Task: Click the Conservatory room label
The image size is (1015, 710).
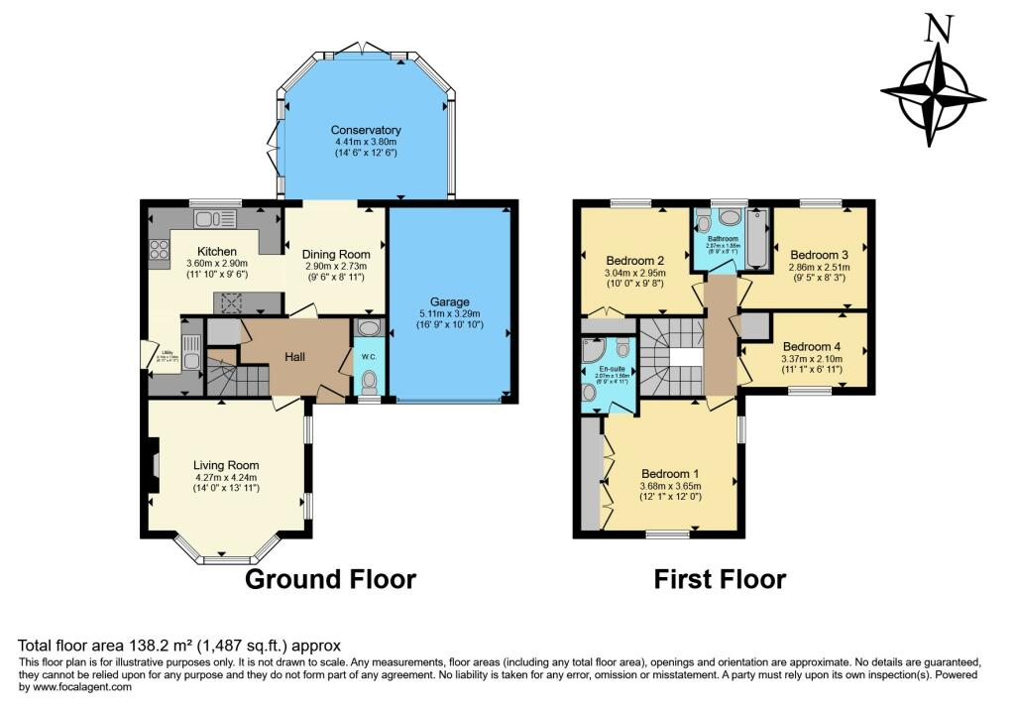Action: pyautogui.click(x=366, y=130)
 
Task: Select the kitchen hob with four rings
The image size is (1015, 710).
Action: pyautogui.click(x=159, y=250)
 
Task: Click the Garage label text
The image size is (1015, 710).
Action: pyautogui.click(x=449, y=302)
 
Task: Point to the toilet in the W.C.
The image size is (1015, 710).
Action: pyautogui.click(x=369, y=381)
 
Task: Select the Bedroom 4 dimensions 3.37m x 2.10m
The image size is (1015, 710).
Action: pyautogui.click(x=811, y=359)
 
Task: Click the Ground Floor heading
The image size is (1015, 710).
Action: pyautogui.click(x=330, y=579)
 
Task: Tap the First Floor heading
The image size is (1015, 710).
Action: pyautogui.click(x=720, y=579)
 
